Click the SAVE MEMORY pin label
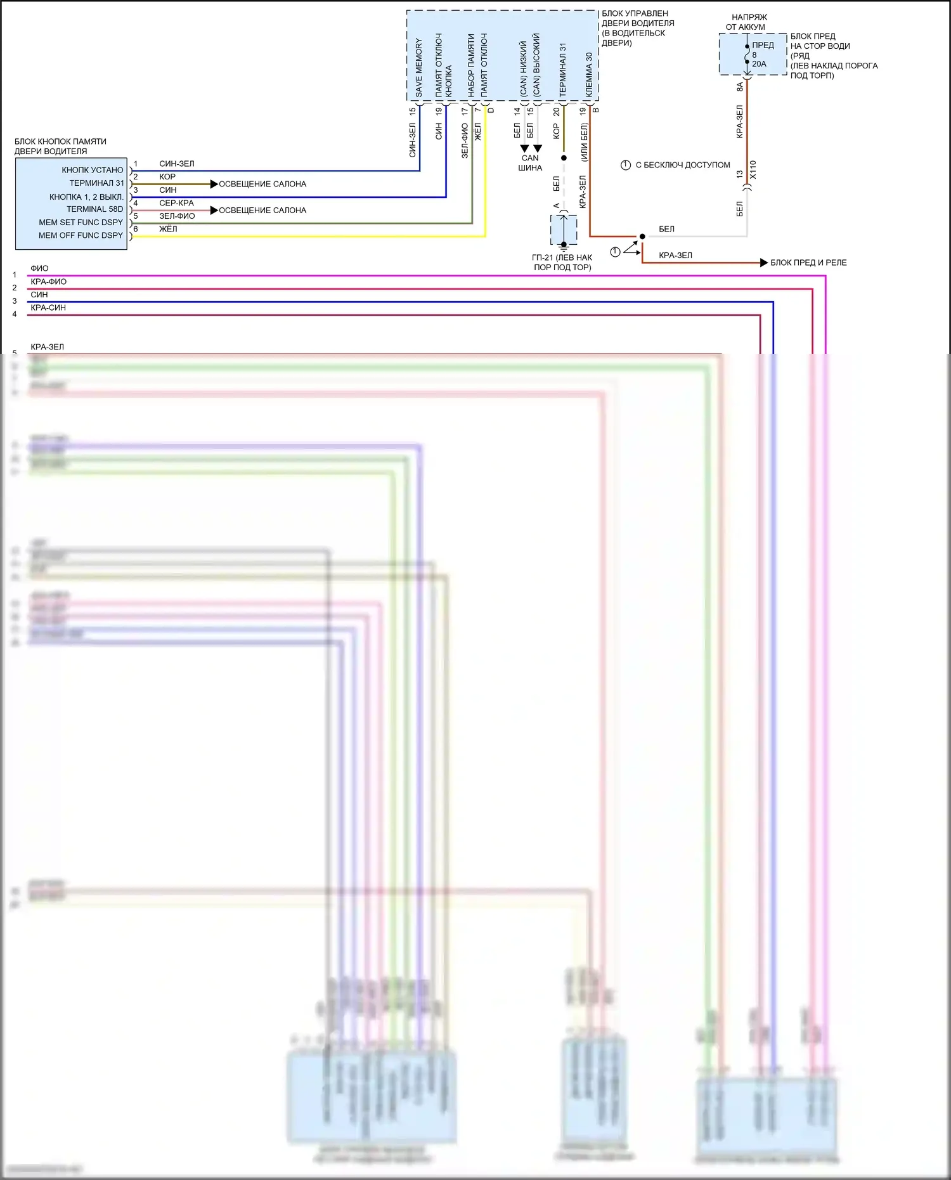418,67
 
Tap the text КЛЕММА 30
589,75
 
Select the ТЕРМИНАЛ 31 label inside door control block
562,70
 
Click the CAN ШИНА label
530,163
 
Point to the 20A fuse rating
759,64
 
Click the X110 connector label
753,169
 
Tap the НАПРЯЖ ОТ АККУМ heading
747,22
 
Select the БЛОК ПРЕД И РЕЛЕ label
808,263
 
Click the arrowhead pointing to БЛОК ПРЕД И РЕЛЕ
764,263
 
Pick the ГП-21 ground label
562,263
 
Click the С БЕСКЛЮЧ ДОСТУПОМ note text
683,165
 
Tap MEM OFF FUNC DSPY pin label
81,235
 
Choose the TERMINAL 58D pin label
95,209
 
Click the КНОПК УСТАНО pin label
93,170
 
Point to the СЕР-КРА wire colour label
176,203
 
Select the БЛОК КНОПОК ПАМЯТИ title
60,146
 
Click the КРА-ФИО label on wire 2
48,282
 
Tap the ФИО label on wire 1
39,268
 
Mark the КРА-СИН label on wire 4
48,308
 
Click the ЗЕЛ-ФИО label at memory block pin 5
177,216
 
